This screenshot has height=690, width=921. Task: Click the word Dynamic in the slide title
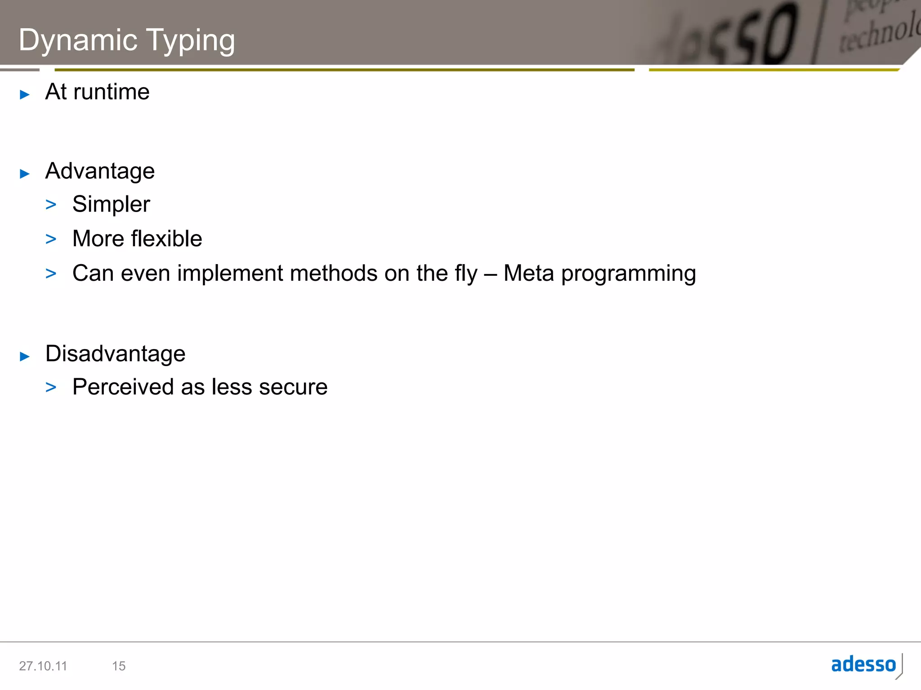[x=78, y=40]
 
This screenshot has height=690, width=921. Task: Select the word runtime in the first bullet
[x=111, y=92]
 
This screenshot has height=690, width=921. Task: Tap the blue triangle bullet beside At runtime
[x=25, y=94]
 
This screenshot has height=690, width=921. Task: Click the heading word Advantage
[x=100, y=171]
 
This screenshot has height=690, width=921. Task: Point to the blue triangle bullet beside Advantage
[x=25, y=174]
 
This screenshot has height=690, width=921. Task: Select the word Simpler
[x=111, y=205]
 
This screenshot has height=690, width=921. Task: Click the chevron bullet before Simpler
[x=51, y=205]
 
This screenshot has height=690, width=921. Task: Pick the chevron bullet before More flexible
[x=51, y=239]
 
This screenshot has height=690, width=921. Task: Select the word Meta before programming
[x=528, y=273]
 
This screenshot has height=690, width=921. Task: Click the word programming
[x=628, y=274]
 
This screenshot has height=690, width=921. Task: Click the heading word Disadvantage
[x=115, y=354]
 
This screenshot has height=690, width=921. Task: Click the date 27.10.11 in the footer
[x=43, y=666]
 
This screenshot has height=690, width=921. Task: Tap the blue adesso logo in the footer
[x=863, y=664]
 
